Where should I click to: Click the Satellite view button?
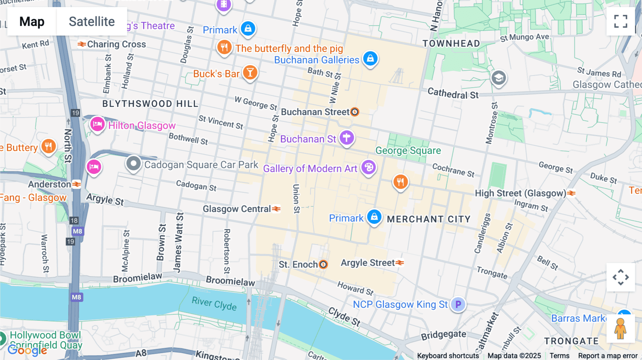[x=92, y=21]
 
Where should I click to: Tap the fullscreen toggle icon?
[x=621, y=21]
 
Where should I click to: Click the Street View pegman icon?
[x=620, y=329]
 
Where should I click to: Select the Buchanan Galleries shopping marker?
[x=370, y=58]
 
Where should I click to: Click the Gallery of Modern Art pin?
[x=368, y=167]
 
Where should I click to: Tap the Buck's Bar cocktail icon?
[x=250, y=72]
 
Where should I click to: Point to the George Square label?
[x=408, y=150]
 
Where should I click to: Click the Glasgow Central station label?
[x=237, y=209]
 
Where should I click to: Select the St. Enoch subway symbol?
[x=323, y=264]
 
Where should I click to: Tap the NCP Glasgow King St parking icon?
[x=458, y=304]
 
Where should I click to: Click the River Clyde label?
[x=214, y=303]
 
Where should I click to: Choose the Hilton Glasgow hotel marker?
[x=97, y=124]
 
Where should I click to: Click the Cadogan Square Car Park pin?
[x=133, y=164]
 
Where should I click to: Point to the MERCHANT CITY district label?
[x=429, y=219]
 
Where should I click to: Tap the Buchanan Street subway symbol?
[x=355, y=112]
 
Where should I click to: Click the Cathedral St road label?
[x=453, y=94]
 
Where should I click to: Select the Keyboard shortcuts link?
[x=448, y=356]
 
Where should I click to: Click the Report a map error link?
[x=608, y=356]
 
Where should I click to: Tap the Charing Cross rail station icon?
[x=82, y=44]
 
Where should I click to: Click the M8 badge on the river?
[x=76, y=297]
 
